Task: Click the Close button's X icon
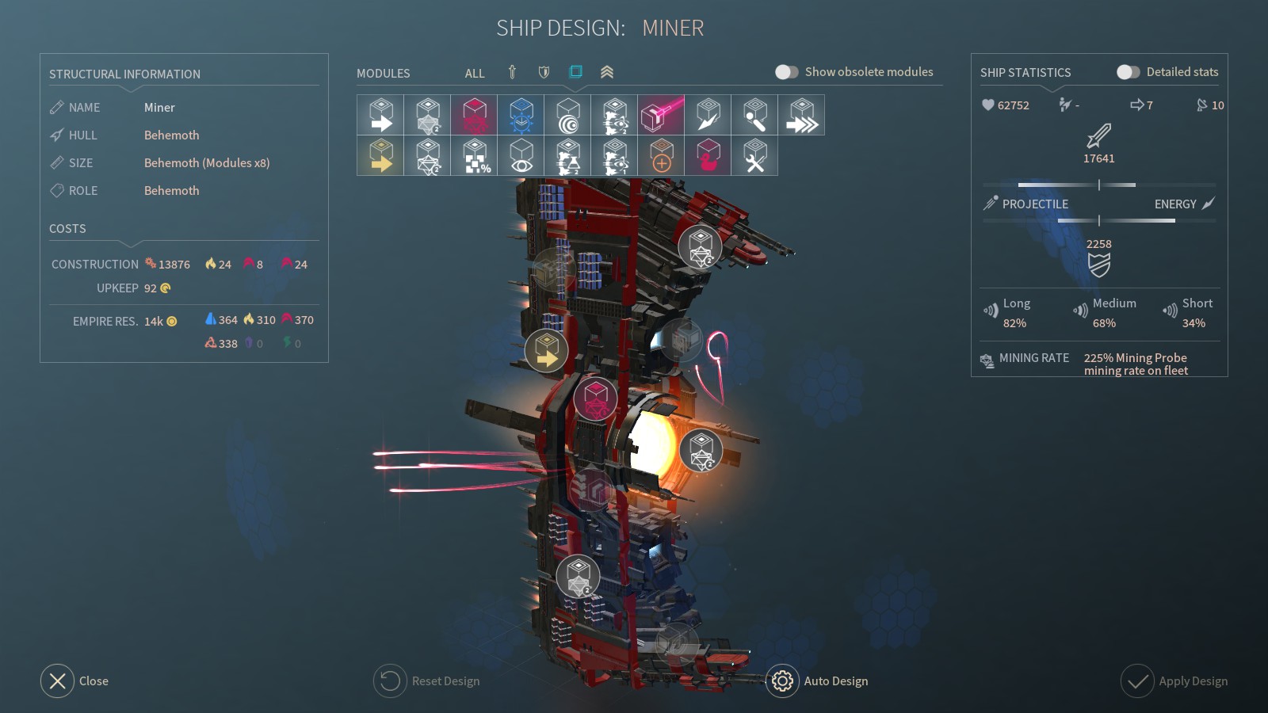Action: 57,681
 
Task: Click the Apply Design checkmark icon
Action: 1136,681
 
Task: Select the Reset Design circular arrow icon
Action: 389,681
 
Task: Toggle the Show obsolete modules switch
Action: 786,72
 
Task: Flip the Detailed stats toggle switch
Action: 1128,72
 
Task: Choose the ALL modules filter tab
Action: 475,73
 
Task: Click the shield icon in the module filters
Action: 544,72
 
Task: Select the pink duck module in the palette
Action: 708,155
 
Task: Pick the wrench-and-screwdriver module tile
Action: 754,155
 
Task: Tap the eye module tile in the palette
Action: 521,155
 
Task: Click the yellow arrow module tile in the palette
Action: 380,155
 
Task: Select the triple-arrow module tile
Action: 801,115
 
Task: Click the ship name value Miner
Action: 159,108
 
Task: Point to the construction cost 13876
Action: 174,265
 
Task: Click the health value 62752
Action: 1014,105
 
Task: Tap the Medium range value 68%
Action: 1104,323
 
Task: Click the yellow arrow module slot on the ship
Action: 546,351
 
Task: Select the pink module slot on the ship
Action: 595,398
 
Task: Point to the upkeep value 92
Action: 150,288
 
